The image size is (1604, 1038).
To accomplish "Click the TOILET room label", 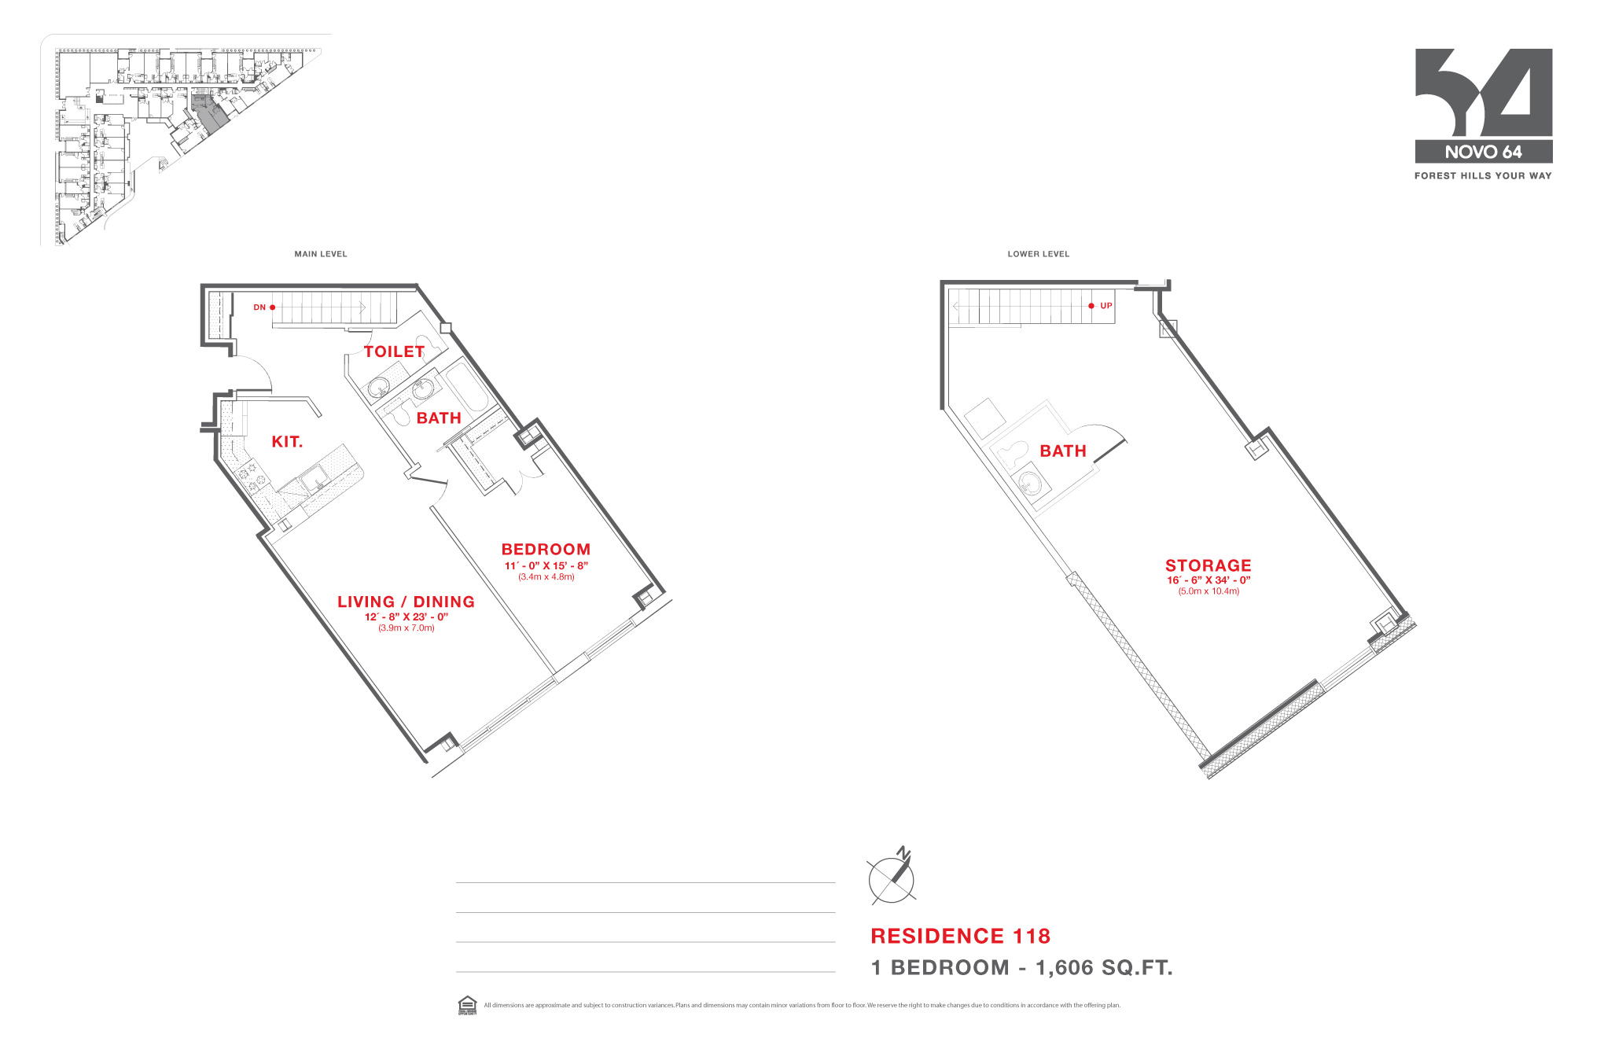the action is pyautogui.click(x=394, y=352).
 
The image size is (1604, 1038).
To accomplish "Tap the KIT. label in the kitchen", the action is pyautogui.click(x=287, y=442).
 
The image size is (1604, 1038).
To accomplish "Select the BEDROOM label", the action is pyautogui.click(x=546, y=550).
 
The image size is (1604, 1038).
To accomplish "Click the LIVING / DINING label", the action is pyautogui.click(x=406, y=602).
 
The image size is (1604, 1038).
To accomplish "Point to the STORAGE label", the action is pyautogui.click(x=1208, y=565).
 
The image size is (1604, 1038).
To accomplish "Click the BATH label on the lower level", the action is pyautogui.click(x=1063, y=451).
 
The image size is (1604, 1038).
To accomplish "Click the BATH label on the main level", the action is pyautogui.click(x=439, y=418).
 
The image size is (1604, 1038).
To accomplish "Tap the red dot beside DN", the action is pyautogui.click(x=273, y=307).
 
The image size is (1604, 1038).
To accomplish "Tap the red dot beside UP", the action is pyautogui.click(x=1091, y=306).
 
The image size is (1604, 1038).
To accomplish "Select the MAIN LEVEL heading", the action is pyautogui.click(x=321, y=254).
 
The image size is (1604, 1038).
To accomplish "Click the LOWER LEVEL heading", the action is pyautogui.click(x=1038, y=254).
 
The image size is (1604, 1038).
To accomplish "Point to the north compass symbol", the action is pyautogui.click(x=892, y=878).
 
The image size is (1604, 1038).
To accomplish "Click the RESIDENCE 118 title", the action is pyautogui.click(x=960, y=936).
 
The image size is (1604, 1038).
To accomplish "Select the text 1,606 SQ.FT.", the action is pyautogui.click(x=1104, y=968).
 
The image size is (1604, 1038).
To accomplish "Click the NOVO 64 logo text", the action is pyautogui.click(x=1483, y=152).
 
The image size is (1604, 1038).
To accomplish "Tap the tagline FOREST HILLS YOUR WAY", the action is pyautogui.click(x=1483, y=176).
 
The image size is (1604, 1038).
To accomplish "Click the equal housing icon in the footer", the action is pyautogui.click(x=467, y=1005).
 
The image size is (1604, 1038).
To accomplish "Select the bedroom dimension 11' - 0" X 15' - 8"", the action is pyautogui.click(x=546, y=565).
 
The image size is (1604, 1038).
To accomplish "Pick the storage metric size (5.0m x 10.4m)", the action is pyautogui.click(x=1209, y=591).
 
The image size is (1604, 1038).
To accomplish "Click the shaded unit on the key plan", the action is pyautogui.click(x=210, y=115).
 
